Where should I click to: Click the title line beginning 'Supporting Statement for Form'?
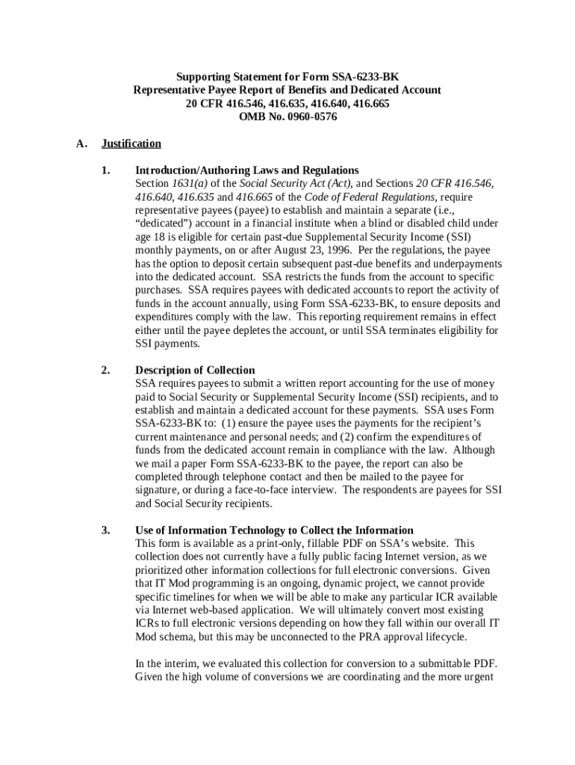(x=287, y=77)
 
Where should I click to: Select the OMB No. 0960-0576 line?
(x=287, y=117)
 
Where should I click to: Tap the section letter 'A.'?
(x=82, y=143)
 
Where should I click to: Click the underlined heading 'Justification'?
(x=131, y=143)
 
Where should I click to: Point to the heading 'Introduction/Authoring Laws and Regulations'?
(x=246, y=170)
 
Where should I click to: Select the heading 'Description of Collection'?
(x=195, y=371)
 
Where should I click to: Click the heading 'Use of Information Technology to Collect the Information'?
(x=274, y=530)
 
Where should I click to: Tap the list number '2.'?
(x=106, y=371)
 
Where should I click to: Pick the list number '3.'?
(x=106, y=530)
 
